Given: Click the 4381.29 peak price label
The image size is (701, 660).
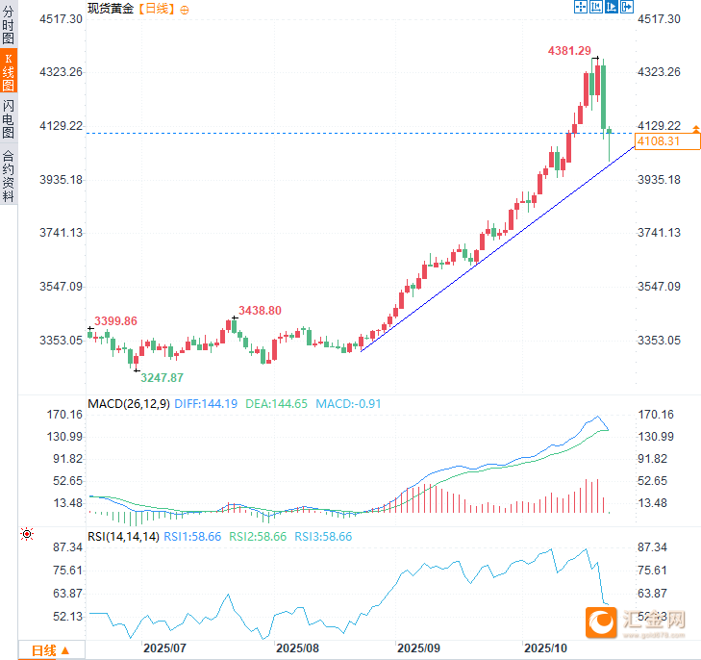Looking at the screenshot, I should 570,50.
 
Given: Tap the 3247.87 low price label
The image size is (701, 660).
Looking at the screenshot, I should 162,378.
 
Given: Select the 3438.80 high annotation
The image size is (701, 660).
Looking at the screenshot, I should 260,311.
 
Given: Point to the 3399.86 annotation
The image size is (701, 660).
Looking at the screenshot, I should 115,320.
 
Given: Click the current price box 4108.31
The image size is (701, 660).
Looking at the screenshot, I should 666,141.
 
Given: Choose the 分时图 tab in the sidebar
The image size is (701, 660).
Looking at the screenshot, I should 9,26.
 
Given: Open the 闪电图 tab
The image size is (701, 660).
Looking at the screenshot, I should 9,118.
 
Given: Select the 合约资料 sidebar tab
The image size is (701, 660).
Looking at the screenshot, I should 9,175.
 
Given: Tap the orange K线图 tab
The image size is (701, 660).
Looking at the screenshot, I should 9,72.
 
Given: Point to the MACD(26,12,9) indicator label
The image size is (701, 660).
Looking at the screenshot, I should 129,404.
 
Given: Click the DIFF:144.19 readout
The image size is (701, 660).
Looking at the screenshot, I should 207,404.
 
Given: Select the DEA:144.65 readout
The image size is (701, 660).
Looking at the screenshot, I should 276,404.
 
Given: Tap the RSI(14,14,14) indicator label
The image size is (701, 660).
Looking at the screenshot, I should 123,537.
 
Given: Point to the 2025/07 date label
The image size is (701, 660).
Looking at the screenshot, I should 164,649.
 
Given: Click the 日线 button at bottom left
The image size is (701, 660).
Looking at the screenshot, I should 50,650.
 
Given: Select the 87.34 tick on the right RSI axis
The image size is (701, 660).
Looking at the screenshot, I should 660,546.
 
